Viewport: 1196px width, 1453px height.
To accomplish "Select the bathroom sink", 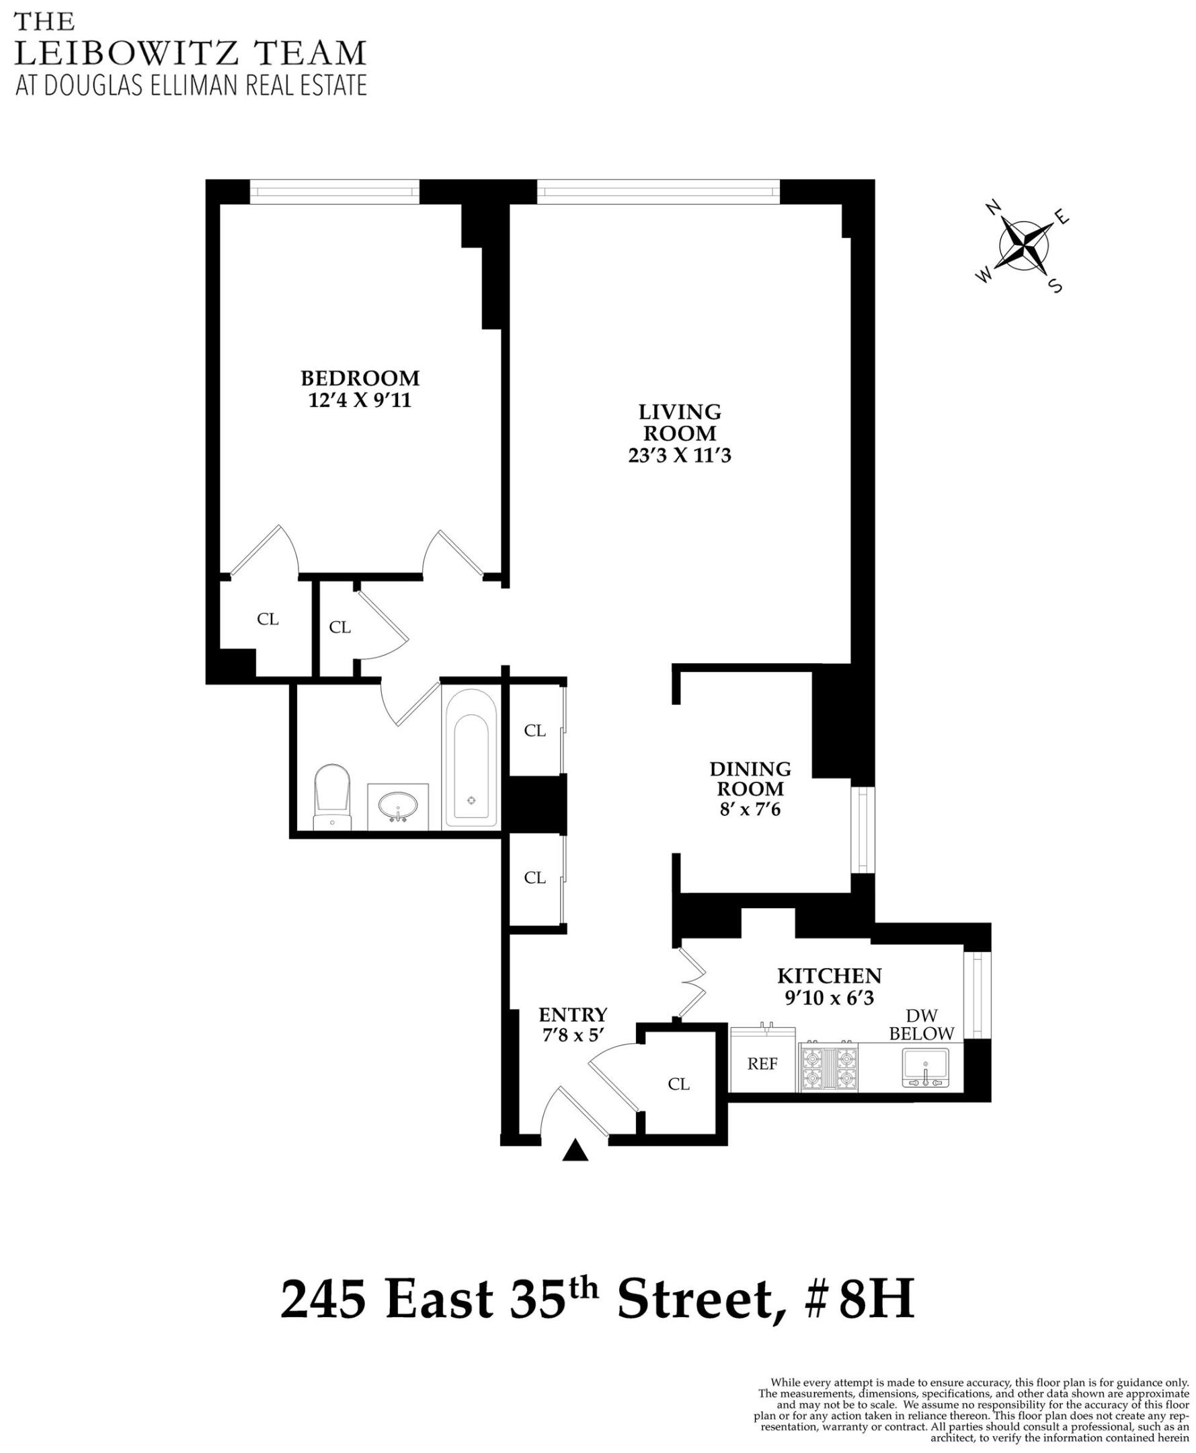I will [397, 805].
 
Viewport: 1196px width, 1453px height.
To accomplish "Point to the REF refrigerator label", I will [762, 1064].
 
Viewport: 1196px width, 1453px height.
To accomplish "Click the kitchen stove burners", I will [828, 1067].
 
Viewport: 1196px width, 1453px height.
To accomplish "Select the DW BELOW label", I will [921, 1025].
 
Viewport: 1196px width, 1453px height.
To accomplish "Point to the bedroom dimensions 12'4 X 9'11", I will [360, 400].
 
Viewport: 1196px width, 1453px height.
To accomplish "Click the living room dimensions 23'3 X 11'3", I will [679, 455].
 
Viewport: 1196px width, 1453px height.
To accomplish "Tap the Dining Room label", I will [750, 778].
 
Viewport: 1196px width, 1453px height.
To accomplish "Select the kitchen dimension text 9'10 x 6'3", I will [829, 998].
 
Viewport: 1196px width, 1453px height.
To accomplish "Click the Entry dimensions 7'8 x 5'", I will [573, 1035].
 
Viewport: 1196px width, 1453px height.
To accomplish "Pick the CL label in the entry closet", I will [678, 1084].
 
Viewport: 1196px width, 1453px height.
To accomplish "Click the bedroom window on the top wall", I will [334, 192].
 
